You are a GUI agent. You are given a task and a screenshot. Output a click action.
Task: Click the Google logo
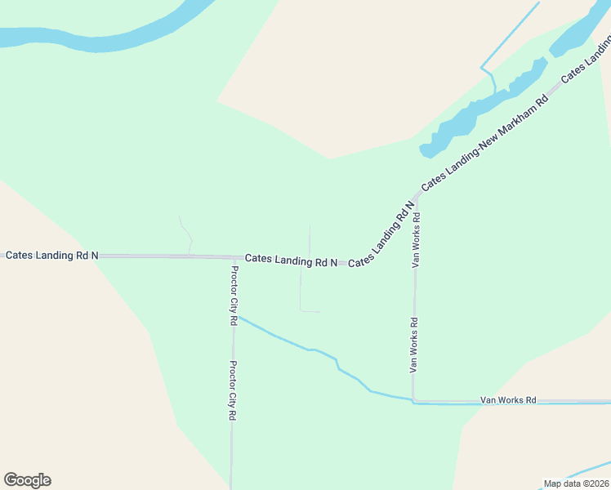pos(27,480)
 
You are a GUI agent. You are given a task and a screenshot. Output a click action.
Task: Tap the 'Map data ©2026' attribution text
pos(576,483)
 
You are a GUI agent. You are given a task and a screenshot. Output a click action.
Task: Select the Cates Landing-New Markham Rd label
pos(484,144)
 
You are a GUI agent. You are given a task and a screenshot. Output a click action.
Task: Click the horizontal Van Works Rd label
pos(508,400)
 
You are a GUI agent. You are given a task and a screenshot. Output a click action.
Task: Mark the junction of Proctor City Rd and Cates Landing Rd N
pos(232,257)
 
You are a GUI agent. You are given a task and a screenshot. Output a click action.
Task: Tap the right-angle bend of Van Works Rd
pos(414,401)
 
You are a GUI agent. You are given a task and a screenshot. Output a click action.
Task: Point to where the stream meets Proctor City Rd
pos(234,316)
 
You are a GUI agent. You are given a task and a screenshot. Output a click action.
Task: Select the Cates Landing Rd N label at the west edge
pos(52,256)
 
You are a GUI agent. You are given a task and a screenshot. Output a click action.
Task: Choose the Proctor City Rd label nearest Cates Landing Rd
pos(234,296)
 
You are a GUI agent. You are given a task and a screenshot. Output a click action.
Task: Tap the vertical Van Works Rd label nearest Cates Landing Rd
pos(417,240)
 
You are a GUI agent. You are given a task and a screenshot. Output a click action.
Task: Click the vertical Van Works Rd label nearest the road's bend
pos(414,345)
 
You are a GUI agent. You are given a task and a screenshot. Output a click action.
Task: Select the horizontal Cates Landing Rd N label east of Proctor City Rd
pos(292,260)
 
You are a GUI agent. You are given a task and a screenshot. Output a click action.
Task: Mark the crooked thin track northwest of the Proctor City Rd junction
pos(186,234)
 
